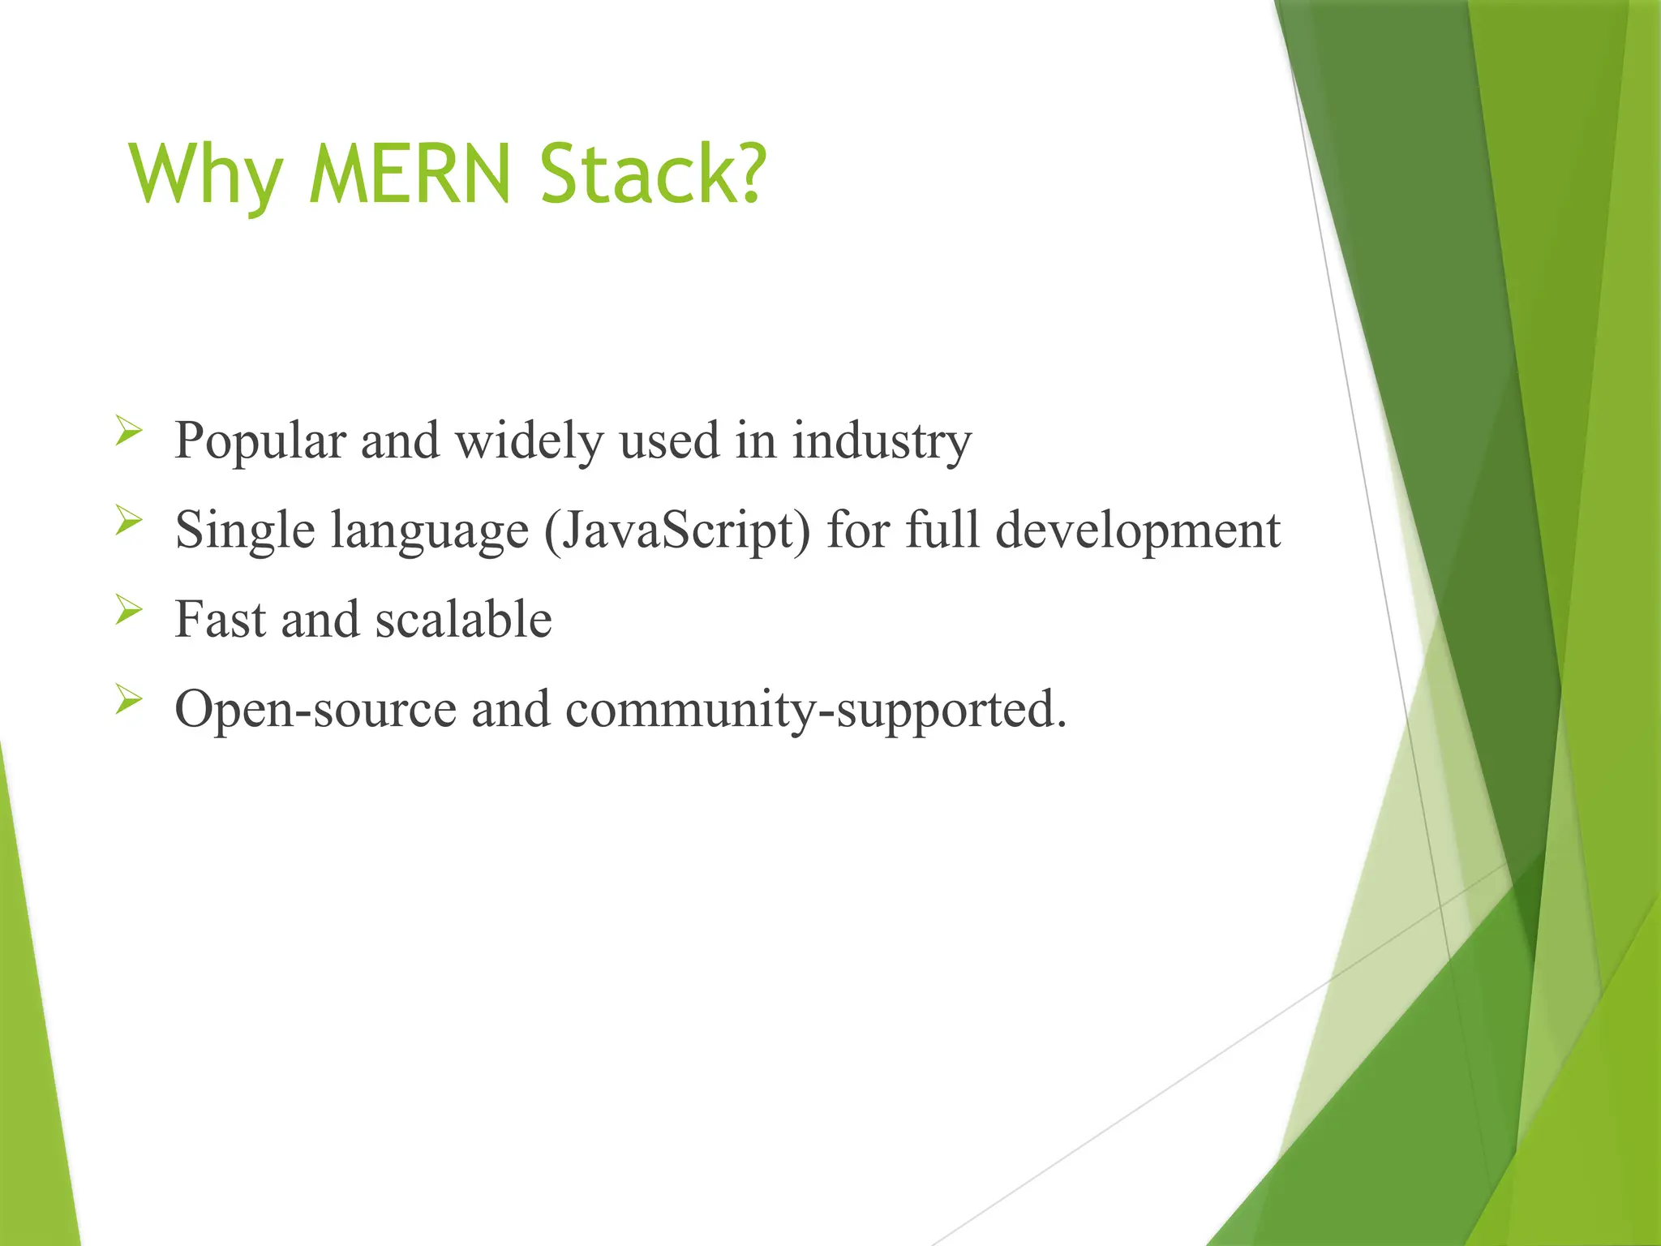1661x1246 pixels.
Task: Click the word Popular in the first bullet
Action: [260, 443]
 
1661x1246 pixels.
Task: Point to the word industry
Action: [881, 443]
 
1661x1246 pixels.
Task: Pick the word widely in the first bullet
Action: [530, 443]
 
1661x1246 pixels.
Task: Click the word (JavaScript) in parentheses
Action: [677, 532]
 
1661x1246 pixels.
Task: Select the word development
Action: [1137, 532]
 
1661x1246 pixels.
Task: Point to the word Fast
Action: [221, 620]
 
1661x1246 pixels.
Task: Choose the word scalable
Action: [464, 620]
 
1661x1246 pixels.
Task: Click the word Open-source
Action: [315, 709]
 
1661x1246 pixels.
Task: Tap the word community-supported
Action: [815, 711]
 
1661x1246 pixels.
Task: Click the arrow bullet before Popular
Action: [128, 430]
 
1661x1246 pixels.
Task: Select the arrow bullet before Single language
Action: [128, 519]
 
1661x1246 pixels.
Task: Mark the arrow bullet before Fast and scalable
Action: [128, 608]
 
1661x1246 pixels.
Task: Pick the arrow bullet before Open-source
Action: [128, 698]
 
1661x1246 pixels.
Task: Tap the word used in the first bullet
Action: [669, 443]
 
